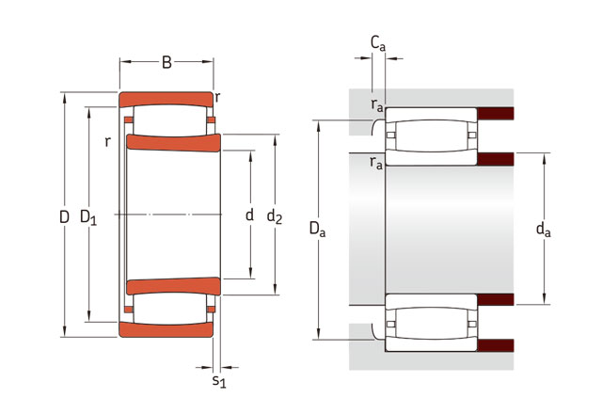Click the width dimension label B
[x=166, y=63]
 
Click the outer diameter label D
[x=64, y=217]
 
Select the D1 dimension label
[x=88, y=217]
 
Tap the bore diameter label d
[x=249, y=215]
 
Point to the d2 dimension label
[x=275, y=217]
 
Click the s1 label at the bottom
[x=219, y=381]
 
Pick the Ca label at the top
[x=378, y=43]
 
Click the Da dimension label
[x=317, y=230]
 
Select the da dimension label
[x=543, y=230]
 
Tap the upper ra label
[x=376, y=104]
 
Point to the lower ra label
[x=376, y=163]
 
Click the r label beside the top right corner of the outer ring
[x=217, y=98]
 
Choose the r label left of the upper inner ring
[x=108, y=142]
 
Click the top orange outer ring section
[x=166, y=100]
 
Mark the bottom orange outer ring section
[x=166, y=330]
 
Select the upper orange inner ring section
[x=173, y=142]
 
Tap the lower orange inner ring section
[x=173, y=286]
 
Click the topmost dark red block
[x=496, y=114]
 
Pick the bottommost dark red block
[x=496, y=345]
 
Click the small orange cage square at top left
[x=128, y=119]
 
